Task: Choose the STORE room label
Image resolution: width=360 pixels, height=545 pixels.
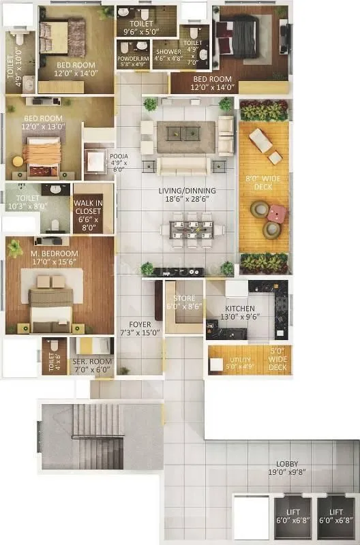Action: coord(184,298)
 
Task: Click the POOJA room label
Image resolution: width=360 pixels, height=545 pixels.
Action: coord(119,156)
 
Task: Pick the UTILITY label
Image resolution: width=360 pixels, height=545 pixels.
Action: coord(239,359)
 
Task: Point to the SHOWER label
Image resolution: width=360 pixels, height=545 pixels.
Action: coord(168,52)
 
